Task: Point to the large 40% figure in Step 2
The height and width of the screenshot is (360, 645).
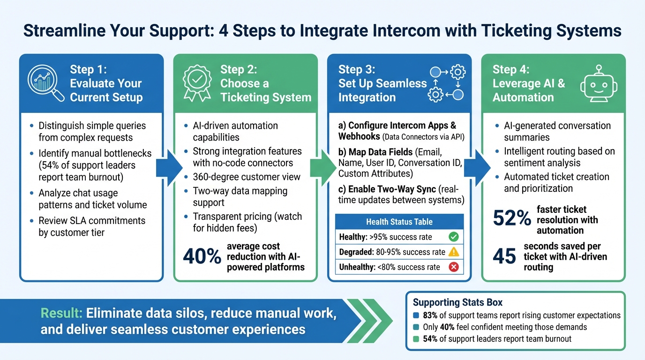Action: click(202, 256)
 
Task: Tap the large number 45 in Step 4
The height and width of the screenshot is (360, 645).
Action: click(505, 256)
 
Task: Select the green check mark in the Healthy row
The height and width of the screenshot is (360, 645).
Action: click(453, 237)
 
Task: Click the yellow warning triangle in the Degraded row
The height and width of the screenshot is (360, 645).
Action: click(453, 252)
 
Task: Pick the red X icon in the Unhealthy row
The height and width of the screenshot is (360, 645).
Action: click(453, 267)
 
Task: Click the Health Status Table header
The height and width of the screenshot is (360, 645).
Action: click(399, 222)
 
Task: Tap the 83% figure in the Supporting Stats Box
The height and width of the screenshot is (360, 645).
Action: click(430, 315)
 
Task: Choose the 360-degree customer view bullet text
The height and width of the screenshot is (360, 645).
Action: click(247, 177)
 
